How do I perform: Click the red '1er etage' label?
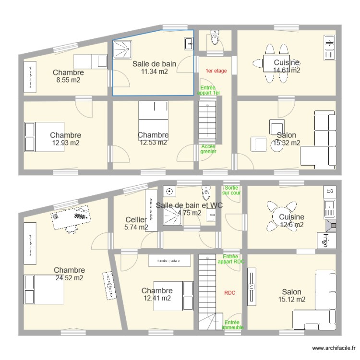click(x=216, y=71)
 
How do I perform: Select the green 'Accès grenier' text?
click(x=208, y=149)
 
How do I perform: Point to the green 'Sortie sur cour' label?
click(x=232, y=190)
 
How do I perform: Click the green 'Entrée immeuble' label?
click(x=233, y=325)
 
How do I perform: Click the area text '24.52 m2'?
click(x=69, y=278)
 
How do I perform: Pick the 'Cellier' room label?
click(x=136, y=219)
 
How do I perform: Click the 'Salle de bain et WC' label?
click(x=189, y=205)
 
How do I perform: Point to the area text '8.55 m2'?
click(x=68, y=80)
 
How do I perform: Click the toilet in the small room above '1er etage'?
click(x=216, y=38)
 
